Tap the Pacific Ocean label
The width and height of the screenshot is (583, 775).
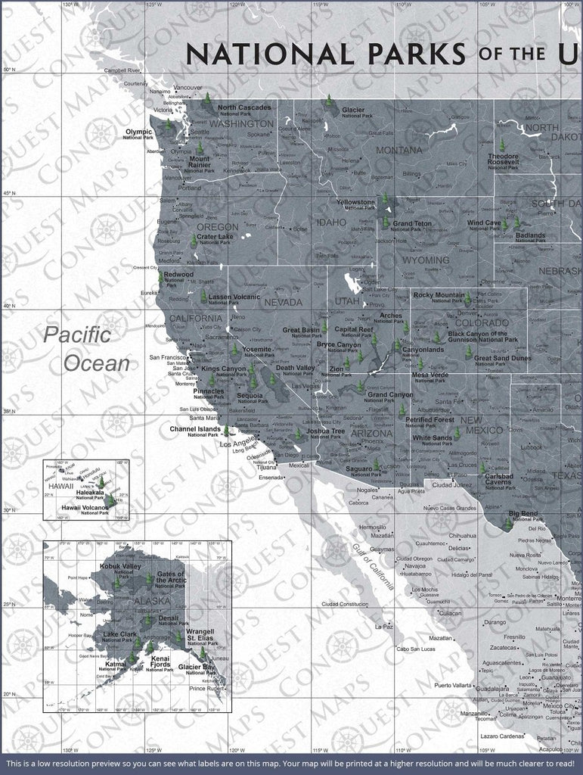[87, 348]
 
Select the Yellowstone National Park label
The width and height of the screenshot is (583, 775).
[355, 205]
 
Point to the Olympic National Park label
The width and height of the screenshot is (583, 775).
[138, 134]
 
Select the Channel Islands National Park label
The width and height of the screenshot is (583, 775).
[194, 431]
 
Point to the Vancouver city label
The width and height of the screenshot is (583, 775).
[188, 88]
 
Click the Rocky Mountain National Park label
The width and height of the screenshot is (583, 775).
[439, 297]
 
